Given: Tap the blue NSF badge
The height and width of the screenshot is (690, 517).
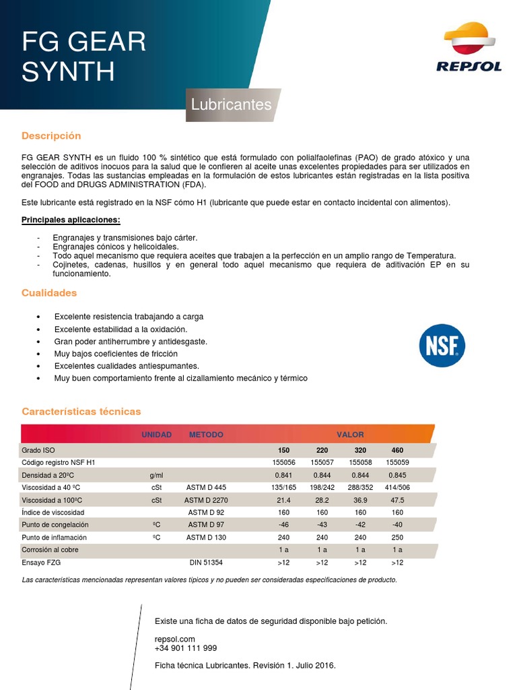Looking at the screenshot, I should coord(442,344).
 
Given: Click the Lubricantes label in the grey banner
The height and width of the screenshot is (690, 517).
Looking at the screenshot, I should coord(231,105).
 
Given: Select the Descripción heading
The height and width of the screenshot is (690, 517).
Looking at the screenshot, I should coord(51,135).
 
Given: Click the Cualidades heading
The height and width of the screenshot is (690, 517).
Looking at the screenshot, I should coord(49,293).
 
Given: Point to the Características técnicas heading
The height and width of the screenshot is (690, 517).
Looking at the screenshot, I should coord(81,411).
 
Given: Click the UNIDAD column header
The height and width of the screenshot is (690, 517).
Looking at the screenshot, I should coord(156,435).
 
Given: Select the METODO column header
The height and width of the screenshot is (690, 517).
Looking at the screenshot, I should coord(206,435).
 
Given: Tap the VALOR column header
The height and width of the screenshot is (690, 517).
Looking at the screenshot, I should coord(350,435).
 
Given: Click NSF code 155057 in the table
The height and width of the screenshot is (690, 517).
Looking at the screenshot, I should coord(322,462).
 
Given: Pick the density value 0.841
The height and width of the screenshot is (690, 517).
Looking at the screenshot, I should coord(283,475).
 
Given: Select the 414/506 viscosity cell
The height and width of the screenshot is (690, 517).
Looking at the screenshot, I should coord(398,487).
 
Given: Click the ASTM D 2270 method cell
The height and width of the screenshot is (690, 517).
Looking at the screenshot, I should coord(206,500).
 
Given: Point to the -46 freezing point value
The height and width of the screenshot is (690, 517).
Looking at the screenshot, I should coord(283,525).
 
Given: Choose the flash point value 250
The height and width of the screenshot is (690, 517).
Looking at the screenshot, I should coord(398,537).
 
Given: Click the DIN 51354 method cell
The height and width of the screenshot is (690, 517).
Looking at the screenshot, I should coord(206,562).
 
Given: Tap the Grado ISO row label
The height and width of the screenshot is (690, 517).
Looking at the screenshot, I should coord(38,449).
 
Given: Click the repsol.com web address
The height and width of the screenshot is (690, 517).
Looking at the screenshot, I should coord(174,639).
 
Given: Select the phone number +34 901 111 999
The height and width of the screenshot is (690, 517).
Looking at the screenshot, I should coord(186,648).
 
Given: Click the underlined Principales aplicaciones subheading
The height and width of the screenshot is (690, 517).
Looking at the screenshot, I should coord(71,220).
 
